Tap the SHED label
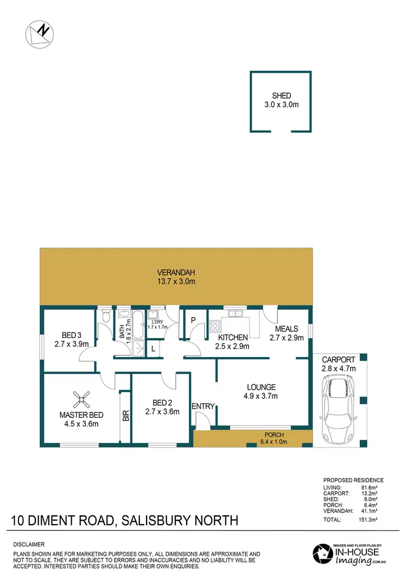[281, 95]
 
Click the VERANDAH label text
[176, 272]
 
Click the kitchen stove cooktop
[214, 326]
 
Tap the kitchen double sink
[236, 313]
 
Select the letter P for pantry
[193, 320]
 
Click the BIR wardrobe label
[125, 416]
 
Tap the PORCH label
[274, 435]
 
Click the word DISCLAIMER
[29, 544]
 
